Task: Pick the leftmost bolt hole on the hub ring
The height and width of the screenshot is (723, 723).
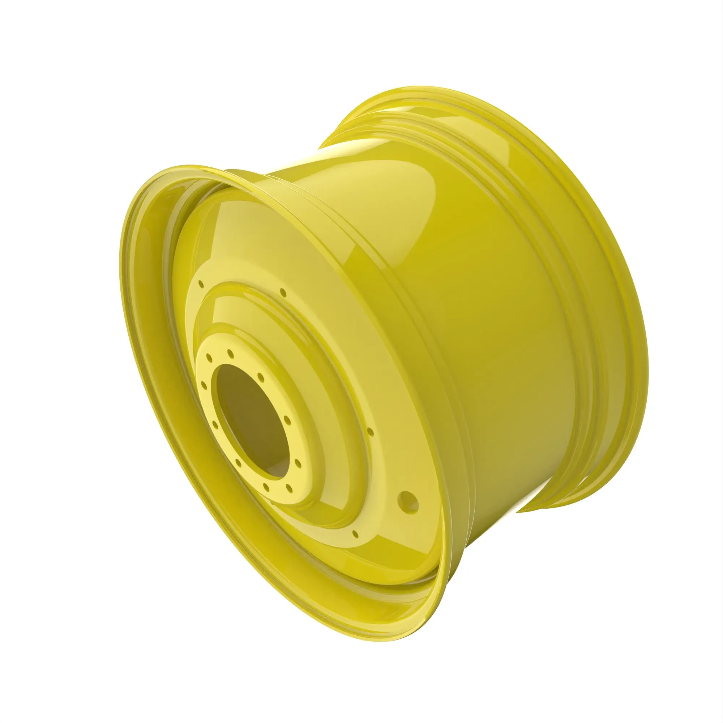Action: coord(204,384)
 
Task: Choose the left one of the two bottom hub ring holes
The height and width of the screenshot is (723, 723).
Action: coord(266,487)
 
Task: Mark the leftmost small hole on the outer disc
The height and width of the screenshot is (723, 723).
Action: coord(201,283)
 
